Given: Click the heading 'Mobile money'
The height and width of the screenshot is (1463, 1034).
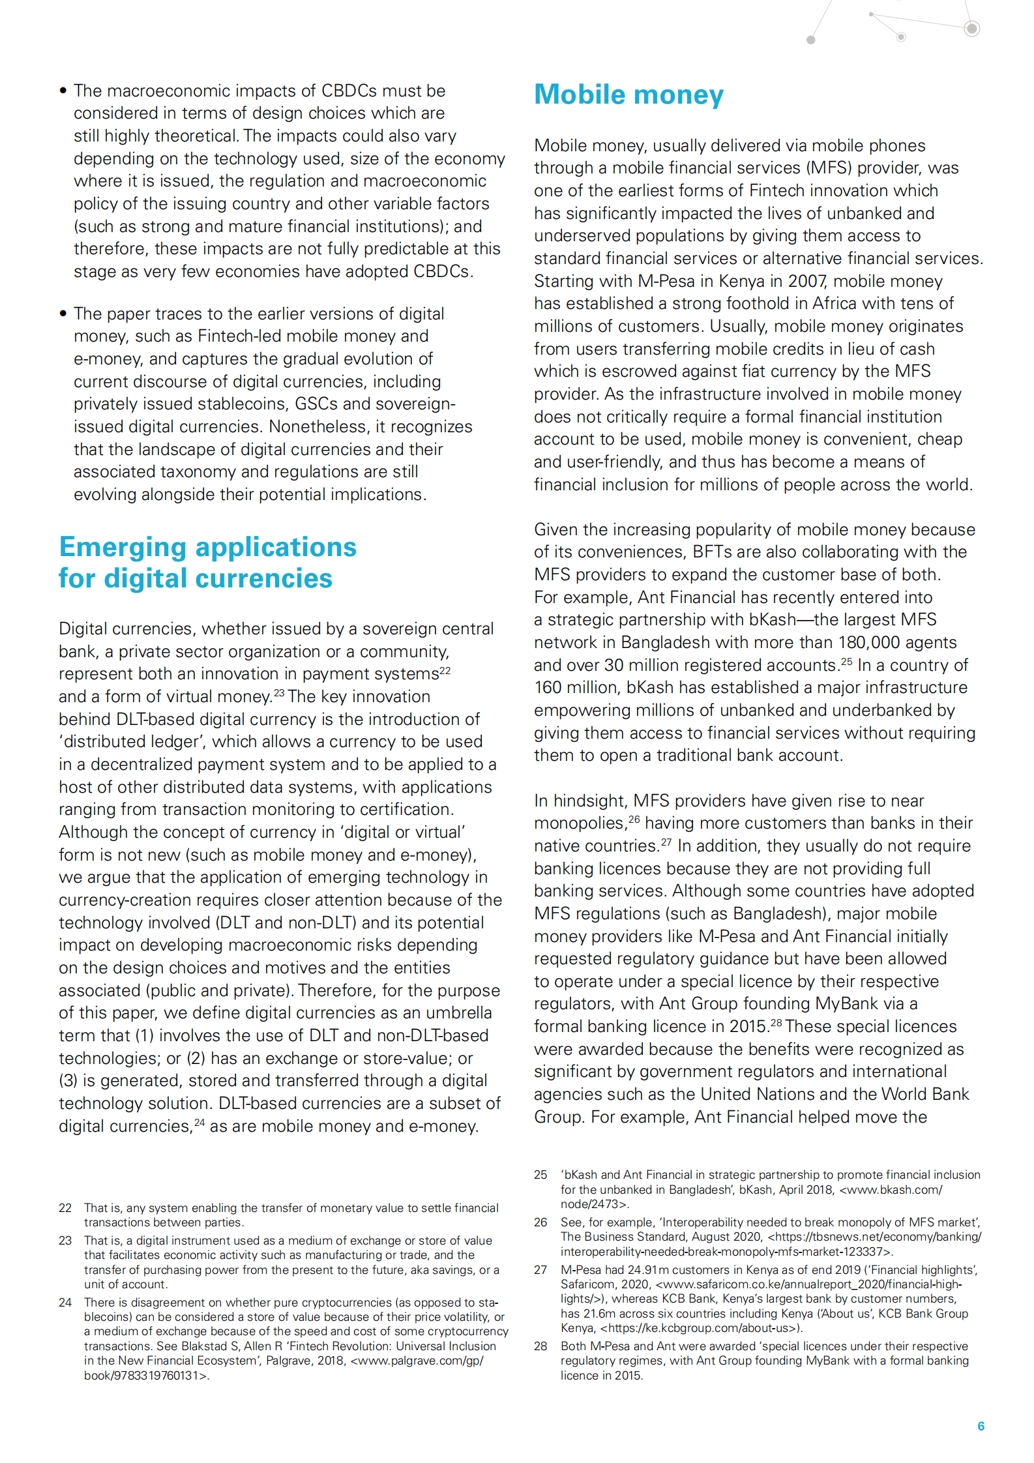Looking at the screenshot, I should (x=628, y=95).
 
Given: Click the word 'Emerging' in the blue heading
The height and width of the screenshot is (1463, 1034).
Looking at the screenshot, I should (x=123, y=547).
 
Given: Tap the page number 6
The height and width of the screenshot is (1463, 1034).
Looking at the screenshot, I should (x=981, y=1426).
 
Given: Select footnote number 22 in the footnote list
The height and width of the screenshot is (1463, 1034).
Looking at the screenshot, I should (x=65, y=1207).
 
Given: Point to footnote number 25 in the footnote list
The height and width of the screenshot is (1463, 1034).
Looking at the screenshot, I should (x=540, y=1174).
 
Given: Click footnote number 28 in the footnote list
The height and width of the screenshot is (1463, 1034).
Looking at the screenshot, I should (x=540, y=1346).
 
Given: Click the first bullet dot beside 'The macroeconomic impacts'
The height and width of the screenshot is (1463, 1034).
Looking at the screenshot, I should (x=63, y=91).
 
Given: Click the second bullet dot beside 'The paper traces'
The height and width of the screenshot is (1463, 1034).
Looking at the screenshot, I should (x=63, y=314).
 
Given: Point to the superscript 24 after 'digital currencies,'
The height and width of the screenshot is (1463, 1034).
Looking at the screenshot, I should (x=199, y=1122).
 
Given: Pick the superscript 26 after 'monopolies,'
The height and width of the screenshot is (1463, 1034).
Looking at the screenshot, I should (x=634, y=819).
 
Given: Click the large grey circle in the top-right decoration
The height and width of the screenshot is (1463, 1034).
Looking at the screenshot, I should (x=971, y=28).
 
